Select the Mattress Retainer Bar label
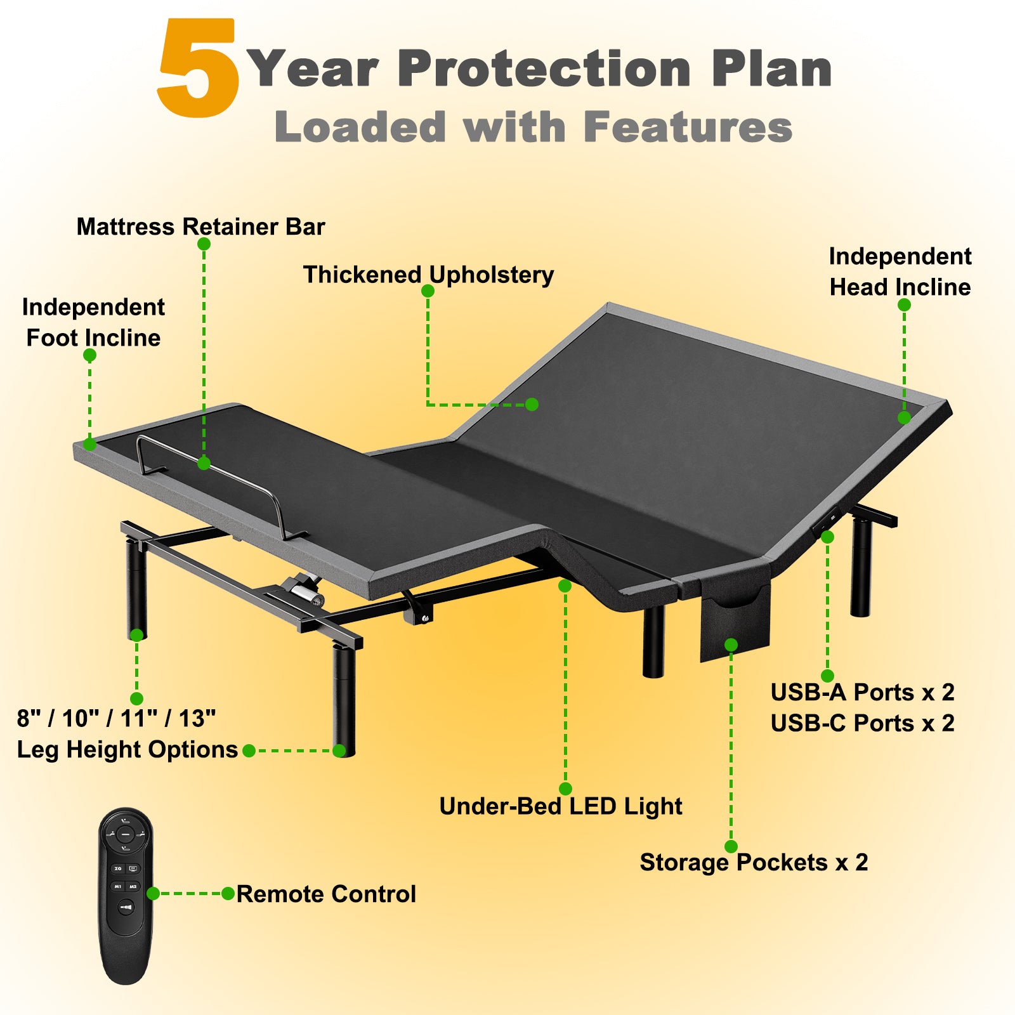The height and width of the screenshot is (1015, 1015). (200, 226)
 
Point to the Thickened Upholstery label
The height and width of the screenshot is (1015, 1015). (428, 275)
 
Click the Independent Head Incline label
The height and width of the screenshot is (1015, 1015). (900, 272)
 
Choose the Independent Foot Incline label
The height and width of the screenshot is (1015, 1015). (93, 322)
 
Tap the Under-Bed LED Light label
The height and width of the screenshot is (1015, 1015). (561, 806)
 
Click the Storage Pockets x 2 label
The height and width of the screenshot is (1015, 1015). (754, 862)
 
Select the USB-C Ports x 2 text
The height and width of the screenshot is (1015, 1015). (863, 723)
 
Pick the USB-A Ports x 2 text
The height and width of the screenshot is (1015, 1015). (863, 692)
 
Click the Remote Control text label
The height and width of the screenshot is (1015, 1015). (326, 894)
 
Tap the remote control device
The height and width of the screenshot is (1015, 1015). (126, 896)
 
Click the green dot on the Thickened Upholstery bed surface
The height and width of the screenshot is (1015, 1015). (532, 404)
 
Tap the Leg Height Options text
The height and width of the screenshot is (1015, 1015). (128, 749)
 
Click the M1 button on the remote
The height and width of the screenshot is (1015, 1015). (118, 886)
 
